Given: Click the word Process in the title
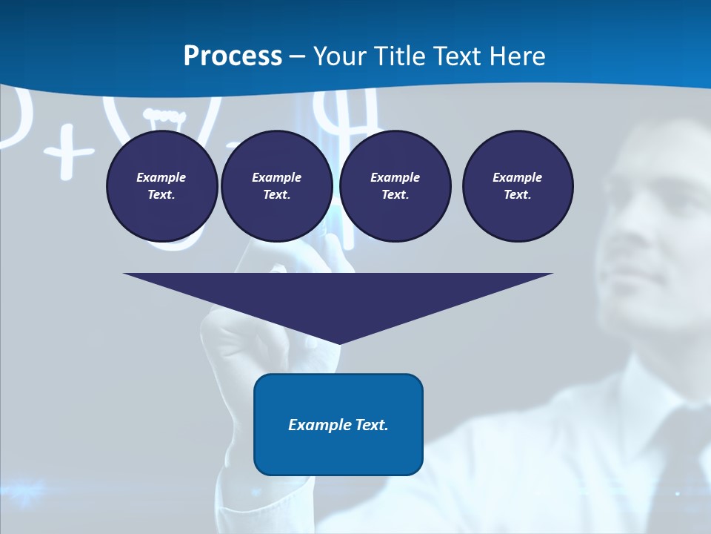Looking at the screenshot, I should (x=233, y=56).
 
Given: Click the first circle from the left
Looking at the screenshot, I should (x=161, y=185).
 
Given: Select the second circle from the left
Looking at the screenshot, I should (x=276, y=185).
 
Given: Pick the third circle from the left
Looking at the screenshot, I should (x=395, y=185).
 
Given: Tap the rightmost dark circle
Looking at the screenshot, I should (x=518, y=185).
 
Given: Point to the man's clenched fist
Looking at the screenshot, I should (x=244, y=326).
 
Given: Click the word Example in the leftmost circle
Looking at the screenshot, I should (x=161, y=177).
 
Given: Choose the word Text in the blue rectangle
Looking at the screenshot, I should (x=371, y=425).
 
